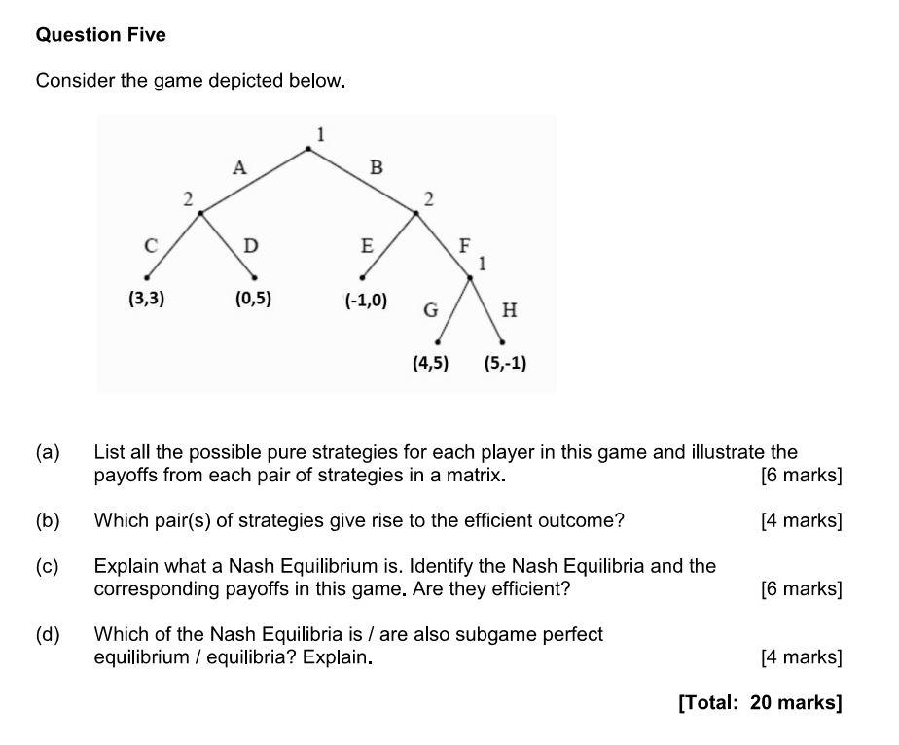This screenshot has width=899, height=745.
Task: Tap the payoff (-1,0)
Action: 366,301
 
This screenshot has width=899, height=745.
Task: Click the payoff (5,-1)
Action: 505,364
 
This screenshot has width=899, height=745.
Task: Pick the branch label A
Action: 239,168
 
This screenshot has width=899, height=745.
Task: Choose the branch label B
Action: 377,168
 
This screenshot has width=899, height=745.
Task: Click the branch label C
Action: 151,246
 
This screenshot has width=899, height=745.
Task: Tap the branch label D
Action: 251,246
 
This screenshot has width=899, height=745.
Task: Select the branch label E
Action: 367,246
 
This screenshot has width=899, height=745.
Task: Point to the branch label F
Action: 464,245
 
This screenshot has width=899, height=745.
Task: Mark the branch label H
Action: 509,311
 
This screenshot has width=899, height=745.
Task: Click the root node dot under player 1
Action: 309,149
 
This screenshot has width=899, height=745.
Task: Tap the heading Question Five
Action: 100,35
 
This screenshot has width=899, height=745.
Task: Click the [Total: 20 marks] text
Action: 759,702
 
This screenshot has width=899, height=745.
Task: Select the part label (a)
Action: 48,452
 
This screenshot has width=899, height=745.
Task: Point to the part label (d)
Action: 48,635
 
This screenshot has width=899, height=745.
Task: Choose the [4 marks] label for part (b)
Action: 801,520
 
